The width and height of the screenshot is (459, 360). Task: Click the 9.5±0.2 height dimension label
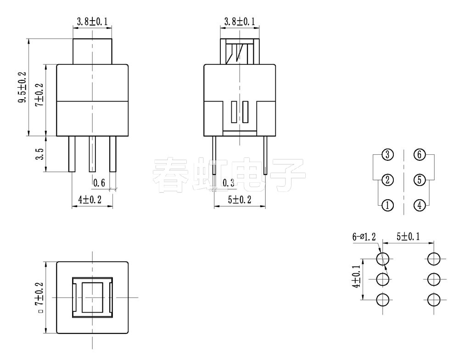(x=22, y=87)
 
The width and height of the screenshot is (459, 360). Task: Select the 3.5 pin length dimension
(x=40, y=154)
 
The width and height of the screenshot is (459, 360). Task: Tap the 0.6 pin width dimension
(x=99, y=183)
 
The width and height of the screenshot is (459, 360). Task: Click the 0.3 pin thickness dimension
(x=229, y=183)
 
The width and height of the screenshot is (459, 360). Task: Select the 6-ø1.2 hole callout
(x=364, y=237)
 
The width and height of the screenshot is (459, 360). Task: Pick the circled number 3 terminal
(x=388, y=155)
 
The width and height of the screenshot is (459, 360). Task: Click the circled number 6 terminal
(x=419, y=155)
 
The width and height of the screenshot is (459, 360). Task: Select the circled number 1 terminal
(x=388, y=205)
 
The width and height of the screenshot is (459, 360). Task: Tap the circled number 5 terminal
(x=419, y=180)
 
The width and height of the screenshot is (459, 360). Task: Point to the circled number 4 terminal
(x=419, y=205)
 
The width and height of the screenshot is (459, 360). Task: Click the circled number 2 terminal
(x=388, y=180)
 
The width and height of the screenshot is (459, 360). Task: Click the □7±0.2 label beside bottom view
(x=40, y=298)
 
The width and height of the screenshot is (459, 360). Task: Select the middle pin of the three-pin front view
(x=93, y=154)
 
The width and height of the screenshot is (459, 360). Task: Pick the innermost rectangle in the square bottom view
(x=93, y=298)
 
